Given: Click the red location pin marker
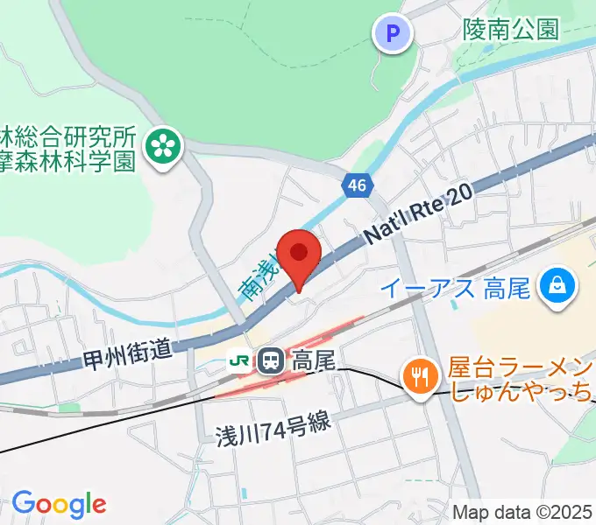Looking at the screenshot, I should (x=299, y=254).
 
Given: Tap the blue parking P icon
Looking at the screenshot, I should (x=394, y=34).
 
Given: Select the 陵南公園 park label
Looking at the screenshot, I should (x=511, y=31).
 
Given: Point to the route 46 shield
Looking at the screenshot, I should (x=357, y=185).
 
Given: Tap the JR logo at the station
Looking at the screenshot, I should (x=238, y=360).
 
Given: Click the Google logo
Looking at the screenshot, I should (x=59, y=503).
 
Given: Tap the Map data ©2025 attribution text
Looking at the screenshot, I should (x=522, y=511).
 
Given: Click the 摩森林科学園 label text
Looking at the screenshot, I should (x=68, y=160).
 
